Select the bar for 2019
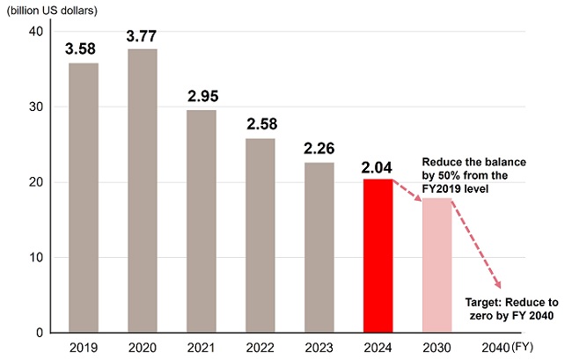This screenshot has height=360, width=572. [x=84, y=198]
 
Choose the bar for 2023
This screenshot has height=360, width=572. [x=319, y=247]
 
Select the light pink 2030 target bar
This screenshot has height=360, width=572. [x=437, y=265]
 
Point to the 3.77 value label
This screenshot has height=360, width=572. [x=143, y=36]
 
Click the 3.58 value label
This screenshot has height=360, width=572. [x=84, y=49]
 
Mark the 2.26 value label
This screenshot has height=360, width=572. [x=319, y=149]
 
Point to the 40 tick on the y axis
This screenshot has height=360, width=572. [x=36, y=32]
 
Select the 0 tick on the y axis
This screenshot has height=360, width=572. [x=40, y=333]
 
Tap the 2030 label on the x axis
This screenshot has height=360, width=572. [x=437, y=348]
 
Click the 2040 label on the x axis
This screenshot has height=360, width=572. [x=495, y=348]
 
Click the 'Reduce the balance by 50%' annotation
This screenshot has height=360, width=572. [x=473, y=176]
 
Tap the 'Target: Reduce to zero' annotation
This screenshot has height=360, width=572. [x=510, y=308]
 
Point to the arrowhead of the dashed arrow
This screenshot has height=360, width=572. [x=500, y=284]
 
